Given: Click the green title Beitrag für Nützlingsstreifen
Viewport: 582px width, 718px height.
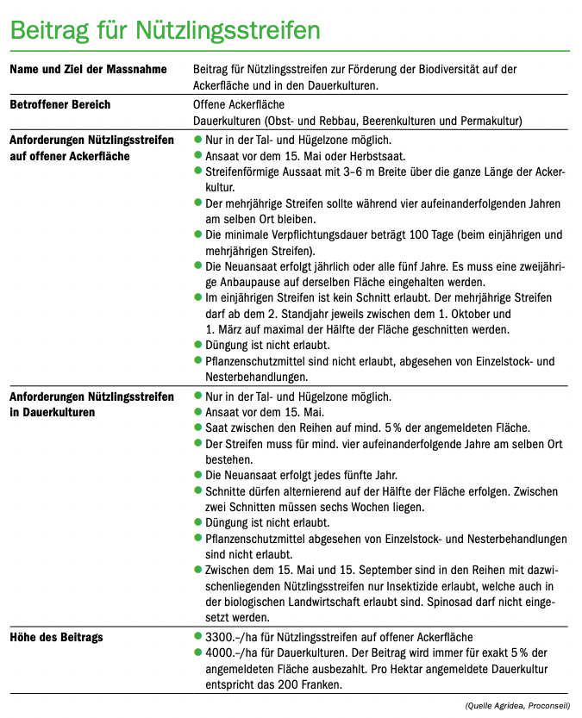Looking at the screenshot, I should [165, 29].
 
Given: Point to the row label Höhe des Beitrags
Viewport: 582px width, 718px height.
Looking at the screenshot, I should [56, 636].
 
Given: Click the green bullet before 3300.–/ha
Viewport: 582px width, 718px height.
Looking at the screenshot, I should [198, 636].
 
